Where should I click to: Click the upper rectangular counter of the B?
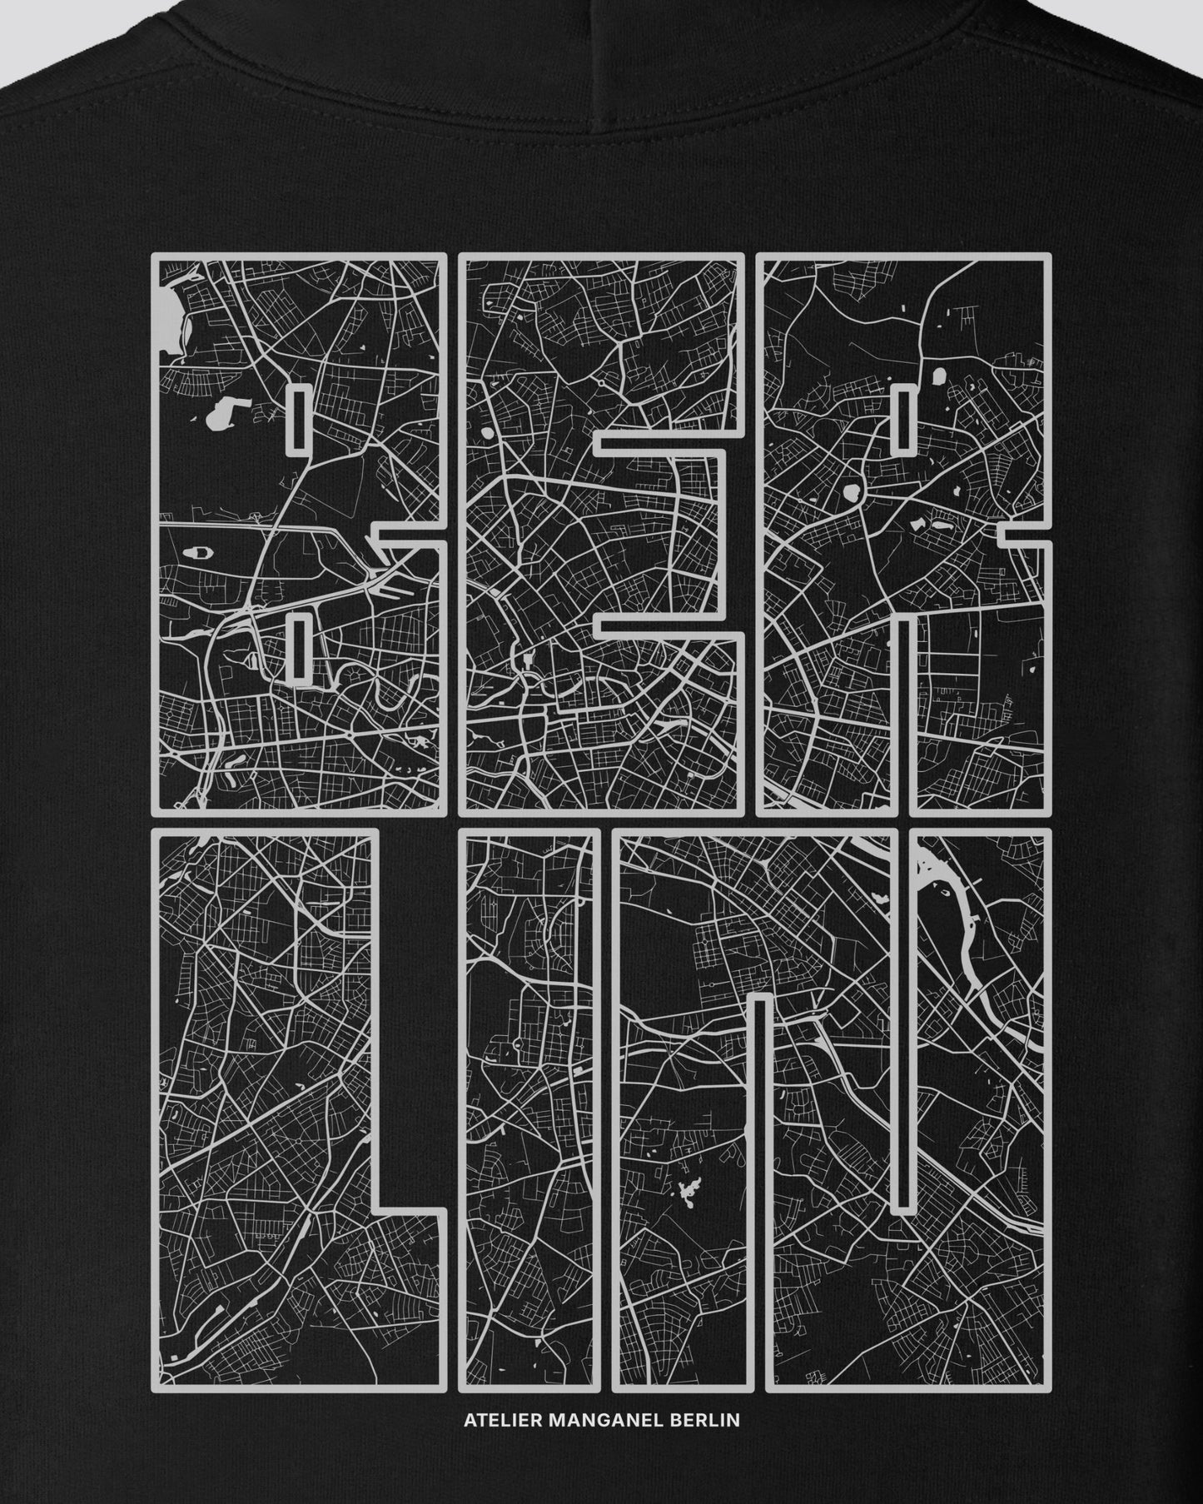[x=299, y=421]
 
